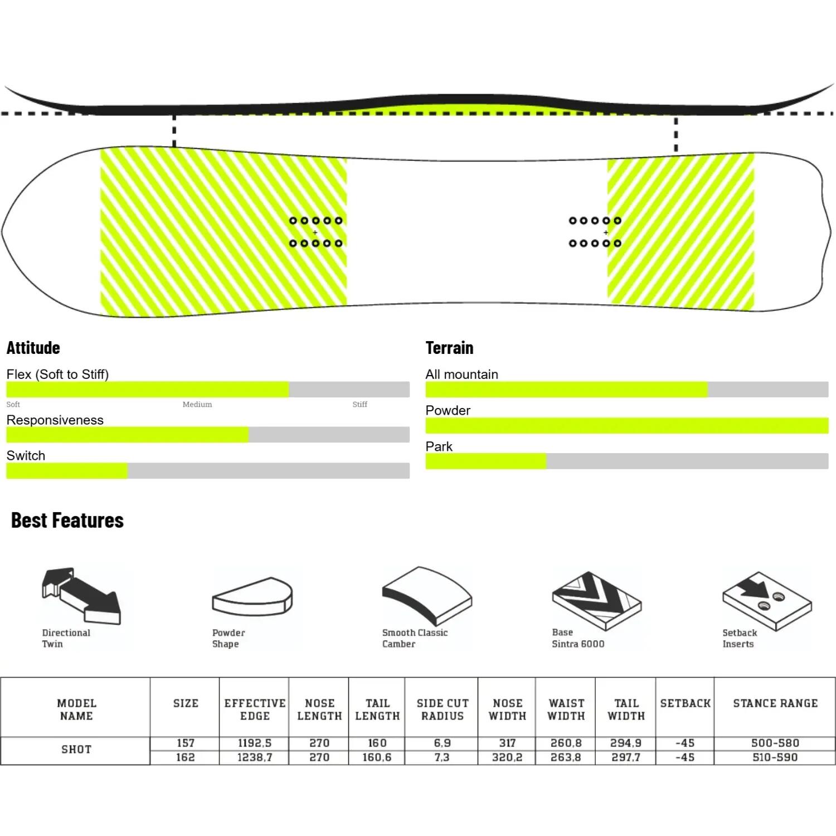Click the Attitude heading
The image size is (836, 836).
33,348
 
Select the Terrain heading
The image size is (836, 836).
449,348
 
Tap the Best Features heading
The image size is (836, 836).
67,520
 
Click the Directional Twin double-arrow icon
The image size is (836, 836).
81,596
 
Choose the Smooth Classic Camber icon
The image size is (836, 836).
427,595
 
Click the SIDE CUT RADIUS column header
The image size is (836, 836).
443,709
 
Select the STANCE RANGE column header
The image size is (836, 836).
775,703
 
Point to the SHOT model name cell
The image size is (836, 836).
76,750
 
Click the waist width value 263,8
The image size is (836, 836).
566,757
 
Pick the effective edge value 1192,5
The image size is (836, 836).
255,743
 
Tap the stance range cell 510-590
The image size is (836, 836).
775,757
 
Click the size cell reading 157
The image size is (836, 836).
186,743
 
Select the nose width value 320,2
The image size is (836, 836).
507,757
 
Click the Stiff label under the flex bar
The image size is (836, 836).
359,404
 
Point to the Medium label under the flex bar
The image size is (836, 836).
197,404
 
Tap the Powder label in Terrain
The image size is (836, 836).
448,410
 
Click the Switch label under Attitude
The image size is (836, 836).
26,455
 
